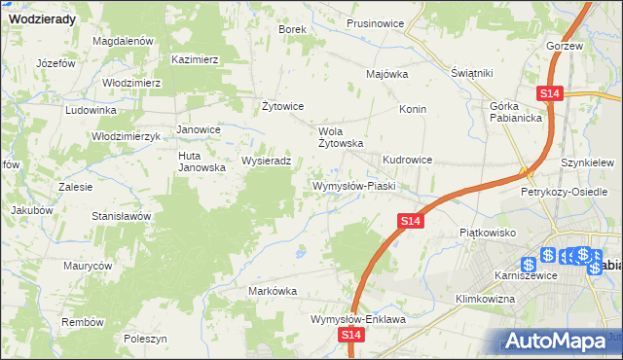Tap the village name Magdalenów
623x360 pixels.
tap(124, 42)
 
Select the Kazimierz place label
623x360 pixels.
tap(195, 59)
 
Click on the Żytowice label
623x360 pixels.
tap(284, 106)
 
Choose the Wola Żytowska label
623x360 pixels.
tap(342, 136)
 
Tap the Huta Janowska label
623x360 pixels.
tap(202, 162)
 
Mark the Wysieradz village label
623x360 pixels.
tap(266, 162)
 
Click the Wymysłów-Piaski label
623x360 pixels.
tap(351, 186)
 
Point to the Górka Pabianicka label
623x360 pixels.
tap(516, 112)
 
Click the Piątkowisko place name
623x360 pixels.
tap(486, 234)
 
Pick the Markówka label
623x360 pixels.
tap(272, 291)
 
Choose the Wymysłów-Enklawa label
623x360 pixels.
tap(357, 318)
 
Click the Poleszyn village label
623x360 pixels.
tap(146, 339)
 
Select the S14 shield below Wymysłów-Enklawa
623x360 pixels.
tap(352, 335)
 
